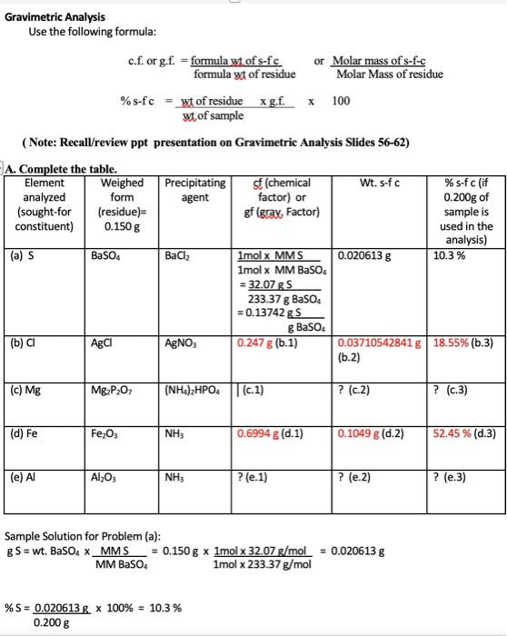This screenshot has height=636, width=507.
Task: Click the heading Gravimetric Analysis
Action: click(55, 16)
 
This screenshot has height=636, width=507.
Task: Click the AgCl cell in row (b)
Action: click(101, 345)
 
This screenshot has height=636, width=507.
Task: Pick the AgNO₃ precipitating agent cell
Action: click(180, 345)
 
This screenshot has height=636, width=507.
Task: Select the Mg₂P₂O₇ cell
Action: click(110, 391)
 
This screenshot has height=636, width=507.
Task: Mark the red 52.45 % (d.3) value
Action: click(470, 433)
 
